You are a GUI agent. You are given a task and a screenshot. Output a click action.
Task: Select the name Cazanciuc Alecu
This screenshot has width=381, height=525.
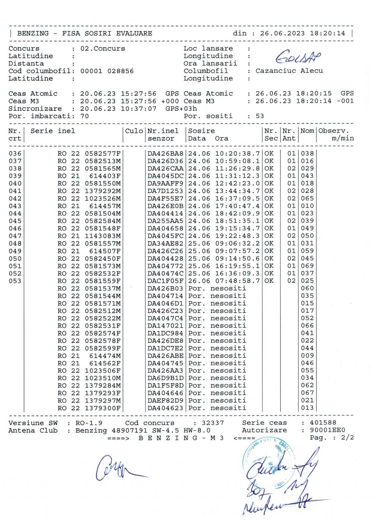click(x=289, y=71)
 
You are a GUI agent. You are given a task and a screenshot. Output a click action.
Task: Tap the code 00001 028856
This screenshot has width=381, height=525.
click(x=107, y=71)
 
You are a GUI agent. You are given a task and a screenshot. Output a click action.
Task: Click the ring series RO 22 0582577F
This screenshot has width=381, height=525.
click(x=89, y=153)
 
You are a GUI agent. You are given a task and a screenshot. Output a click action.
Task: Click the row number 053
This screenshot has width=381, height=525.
click(x=15, y=281)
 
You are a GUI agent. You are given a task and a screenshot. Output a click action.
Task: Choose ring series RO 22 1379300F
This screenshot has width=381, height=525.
click(x=89, y=408)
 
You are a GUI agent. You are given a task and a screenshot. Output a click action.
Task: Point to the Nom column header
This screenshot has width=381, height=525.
click(x=307, y=131)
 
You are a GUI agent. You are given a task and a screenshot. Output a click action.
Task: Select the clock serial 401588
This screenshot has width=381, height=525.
click(x=323, y=423)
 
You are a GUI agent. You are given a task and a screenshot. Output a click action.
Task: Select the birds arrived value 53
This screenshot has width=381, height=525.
click(x=260, y=116)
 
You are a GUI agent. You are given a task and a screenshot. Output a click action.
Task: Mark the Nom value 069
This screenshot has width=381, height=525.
click(x=307, y=266)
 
